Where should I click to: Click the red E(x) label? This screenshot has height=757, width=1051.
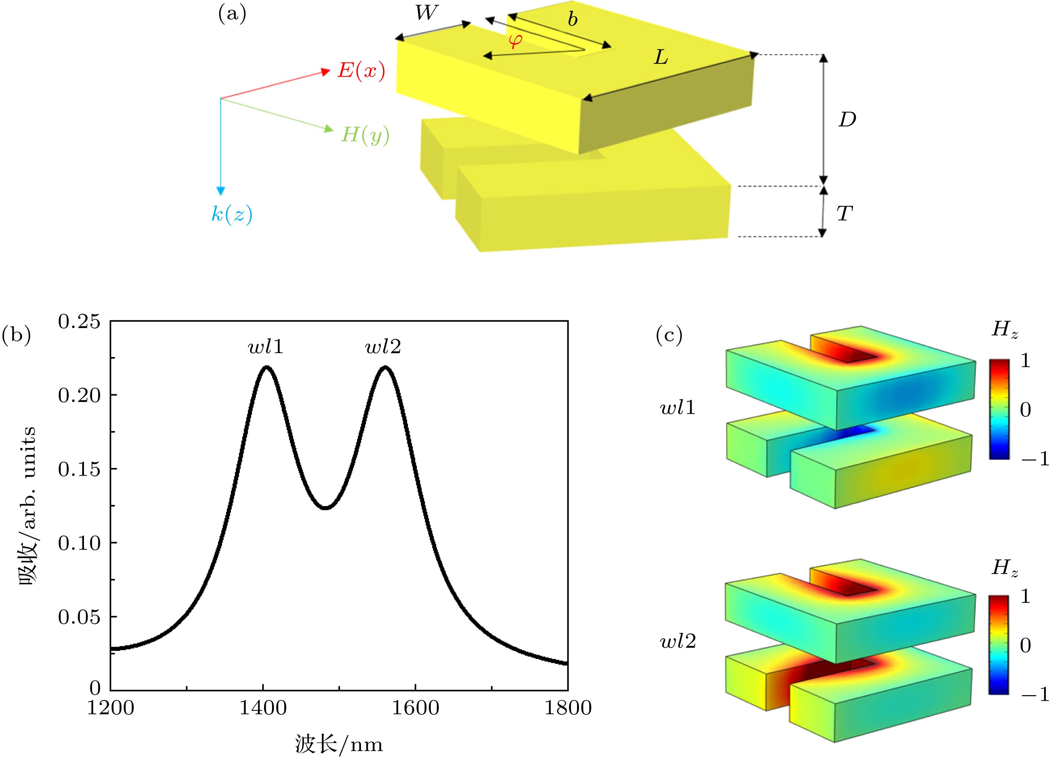coord(361,70)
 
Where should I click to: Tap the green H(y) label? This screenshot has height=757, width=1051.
coord(365,135)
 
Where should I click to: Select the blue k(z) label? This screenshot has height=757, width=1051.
coord(232,214)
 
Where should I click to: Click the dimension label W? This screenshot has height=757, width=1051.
coord(426,13)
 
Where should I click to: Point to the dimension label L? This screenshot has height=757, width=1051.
coord(661,57)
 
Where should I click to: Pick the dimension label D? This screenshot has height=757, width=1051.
coord(847,120)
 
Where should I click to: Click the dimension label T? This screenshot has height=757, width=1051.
coord(844,214)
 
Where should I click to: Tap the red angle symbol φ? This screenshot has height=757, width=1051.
coord(515,41)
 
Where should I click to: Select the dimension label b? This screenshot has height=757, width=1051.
coord(573,20)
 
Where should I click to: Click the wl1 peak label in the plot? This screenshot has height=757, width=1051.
coord(266,346)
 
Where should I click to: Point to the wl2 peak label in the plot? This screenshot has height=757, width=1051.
coord(383,346)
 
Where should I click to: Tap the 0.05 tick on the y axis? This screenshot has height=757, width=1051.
coord(79,617)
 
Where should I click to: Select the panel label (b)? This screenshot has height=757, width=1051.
coord(16,334)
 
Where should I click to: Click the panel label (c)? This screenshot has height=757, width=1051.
coord(669,334)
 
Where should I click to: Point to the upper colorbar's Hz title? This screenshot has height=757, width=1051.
coord(1005,330)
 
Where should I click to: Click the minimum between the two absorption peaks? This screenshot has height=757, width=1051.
coord(326,508)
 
